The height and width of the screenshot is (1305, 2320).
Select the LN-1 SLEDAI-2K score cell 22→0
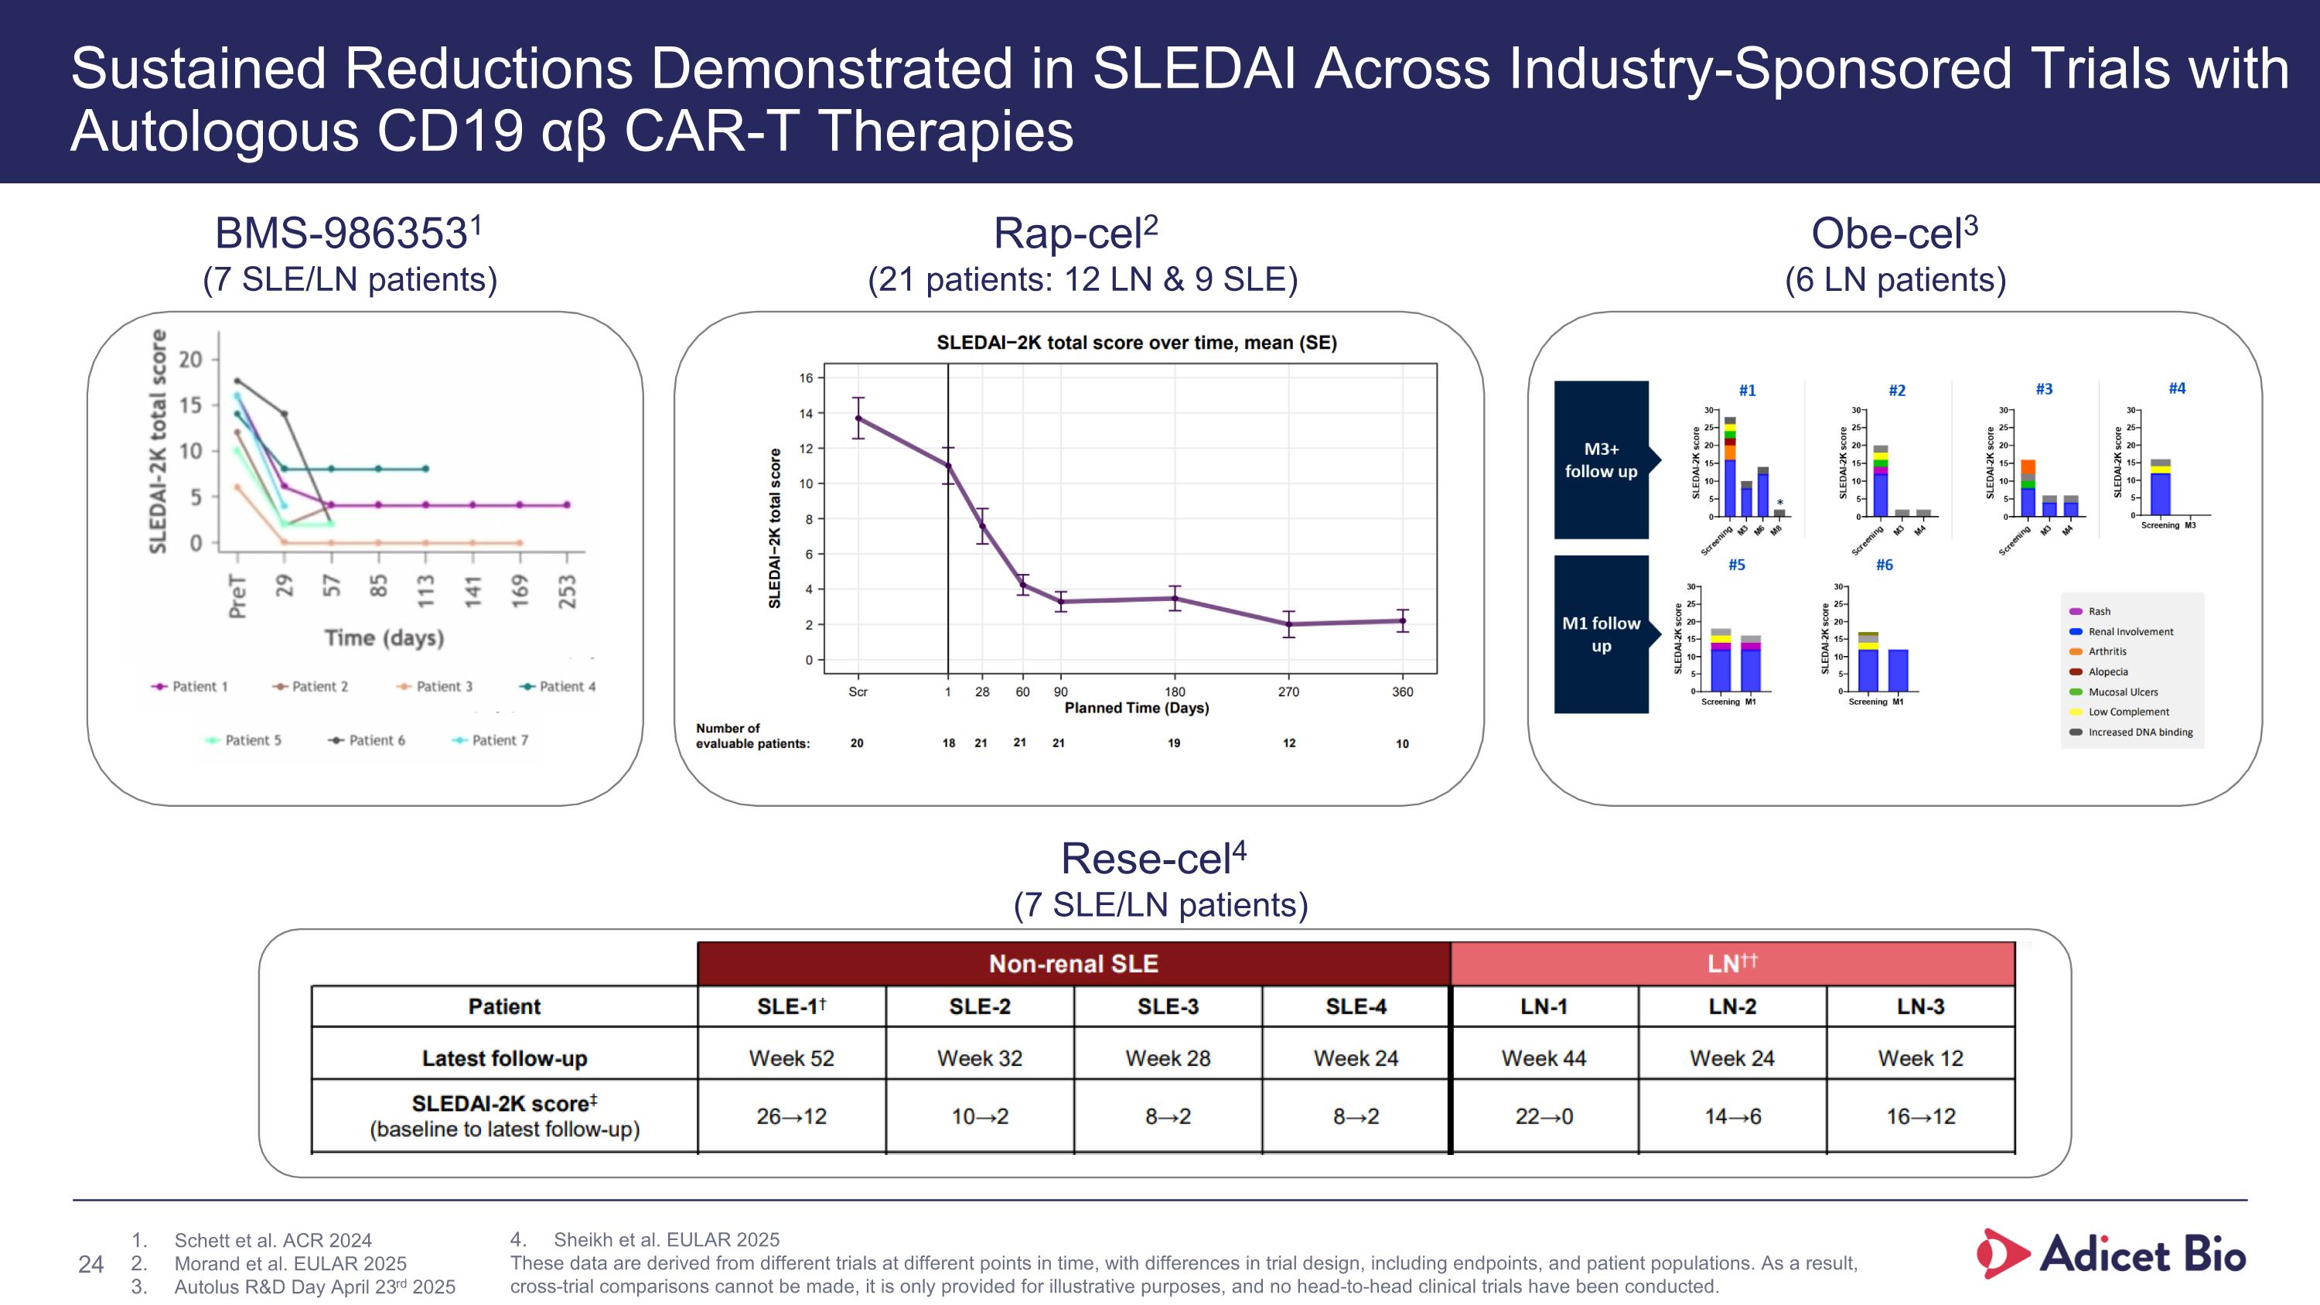pos(1544,1116)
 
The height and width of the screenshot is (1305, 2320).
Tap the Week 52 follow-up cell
pos(791,1057)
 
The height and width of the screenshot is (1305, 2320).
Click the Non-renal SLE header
pos(1073,964)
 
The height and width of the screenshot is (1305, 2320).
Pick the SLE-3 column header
pos(1167,1006)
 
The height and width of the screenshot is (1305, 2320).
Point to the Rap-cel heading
pos(1076,234)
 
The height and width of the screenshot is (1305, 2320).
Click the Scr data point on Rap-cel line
pos(858,418)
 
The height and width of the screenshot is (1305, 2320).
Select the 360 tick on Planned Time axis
pos(1402,692)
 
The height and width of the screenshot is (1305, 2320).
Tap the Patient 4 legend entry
pos(558,686)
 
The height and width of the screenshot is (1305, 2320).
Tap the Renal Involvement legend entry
pos(2129,631)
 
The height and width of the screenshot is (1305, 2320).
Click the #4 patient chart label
pos(2176,388)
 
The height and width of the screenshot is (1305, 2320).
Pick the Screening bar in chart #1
pos(1729,468)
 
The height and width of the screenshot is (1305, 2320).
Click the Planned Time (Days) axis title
pos(1137,708)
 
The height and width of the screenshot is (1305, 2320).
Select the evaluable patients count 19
pos(1173,743)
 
